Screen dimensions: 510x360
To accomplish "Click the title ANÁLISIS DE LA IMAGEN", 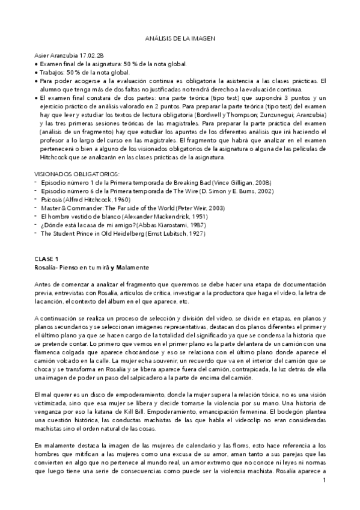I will [180, 38].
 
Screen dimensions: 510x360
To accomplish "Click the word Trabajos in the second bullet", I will [53, 72].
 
